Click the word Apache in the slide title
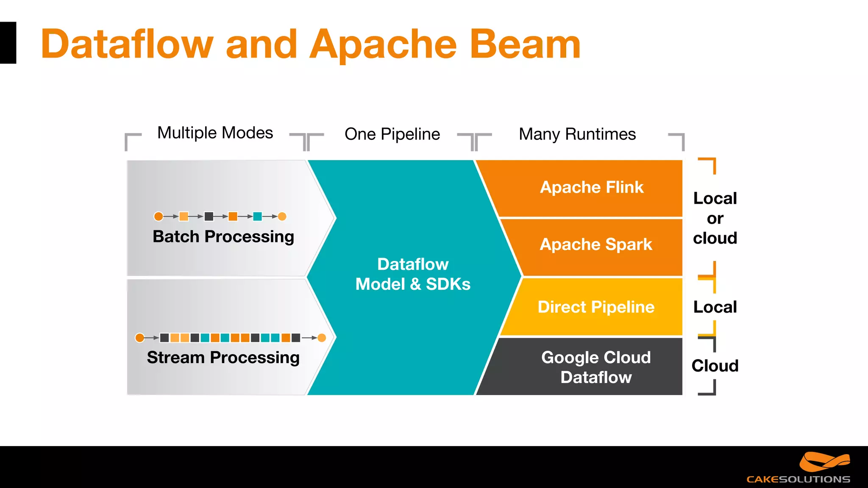coord(383,44)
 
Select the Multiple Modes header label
coord(215,133)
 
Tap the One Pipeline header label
coord(392,134)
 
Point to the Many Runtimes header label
coord(577,134)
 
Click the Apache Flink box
coord(592,188)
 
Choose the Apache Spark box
coord(595,245)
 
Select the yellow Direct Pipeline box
coord(595,307)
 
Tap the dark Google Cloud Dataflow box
coord(595,367)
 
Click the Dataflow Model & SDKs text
coord(412,274)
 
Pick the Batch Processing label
coord(223,236)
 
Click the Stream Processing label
coord(223,358)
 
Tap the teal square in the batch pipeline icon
coord(257,216)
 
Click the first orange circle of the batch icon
coord(159,216)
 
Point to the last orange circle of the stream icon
coord(322,338)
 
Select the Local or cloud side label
coord(715,218)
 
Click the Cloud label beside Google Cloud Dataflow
coord(715,366)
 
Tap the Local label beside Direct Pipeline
coord(715,307)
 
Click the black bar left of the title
coord(8,43)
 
